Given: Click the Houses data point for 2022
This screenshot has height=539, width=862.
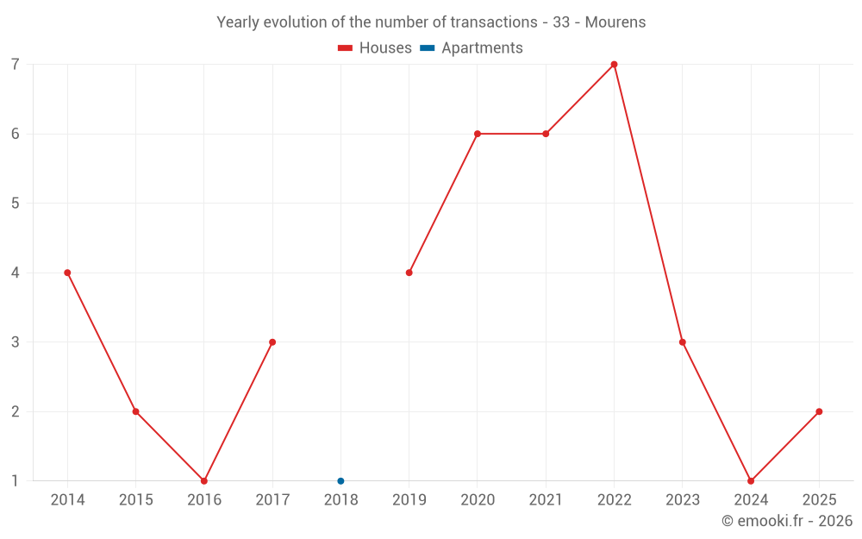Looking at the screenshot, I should [x=614, y=64].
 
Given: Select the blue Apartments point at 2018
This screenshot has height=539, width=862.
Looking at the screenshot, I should [x=340, y=480].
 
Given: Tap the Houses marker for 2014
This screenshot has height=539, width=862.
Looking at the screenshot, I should [x=67, y=273].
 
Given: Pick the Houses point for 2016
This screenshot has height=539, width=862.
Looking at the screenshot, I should [x=204, y=480].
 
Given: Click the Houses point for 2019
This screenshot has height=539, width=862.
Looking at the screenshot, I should [x=409, y=273].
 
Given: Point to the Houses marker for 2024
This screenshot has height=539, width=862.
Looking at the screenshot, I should [x=751, y=480].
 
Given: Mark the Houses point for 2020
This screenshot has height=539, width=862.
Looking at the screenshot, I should [x=478, y=134].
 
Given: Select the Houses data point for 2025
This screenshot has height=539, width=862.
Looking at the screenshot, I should [x=819, y=411].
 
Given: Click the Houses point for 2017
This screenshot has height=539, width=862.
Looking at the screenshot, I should [x=272, y=342].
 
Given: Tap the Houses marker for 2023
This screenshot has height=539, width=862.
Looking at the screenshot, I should [x=682, y=342].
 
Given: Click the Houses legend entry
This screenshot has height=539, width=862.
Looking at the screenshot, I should [x=375, y=48].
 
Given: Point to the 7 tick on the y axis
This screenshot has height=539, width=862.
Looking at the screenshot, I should [x=16, y=65].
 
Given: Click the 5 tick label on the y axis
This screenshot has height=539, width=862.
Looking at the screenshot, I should [x=16, y=204].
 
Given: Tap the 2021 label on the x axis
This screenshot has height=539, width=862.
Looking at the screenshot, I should [x=546, y=500].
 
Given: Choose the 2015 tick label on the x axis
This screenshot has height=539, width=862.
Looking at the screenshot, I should [x=135, y=500].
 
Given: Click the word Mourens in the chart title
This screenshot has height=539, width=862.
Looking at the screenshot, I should [x=615, y=22].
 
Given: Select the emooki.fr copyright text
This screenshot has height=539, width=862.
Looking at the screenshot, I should [x=786, y=521].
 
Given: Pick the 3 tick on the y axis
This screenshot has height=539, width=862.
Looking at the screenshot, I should [x=16, y=342].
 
